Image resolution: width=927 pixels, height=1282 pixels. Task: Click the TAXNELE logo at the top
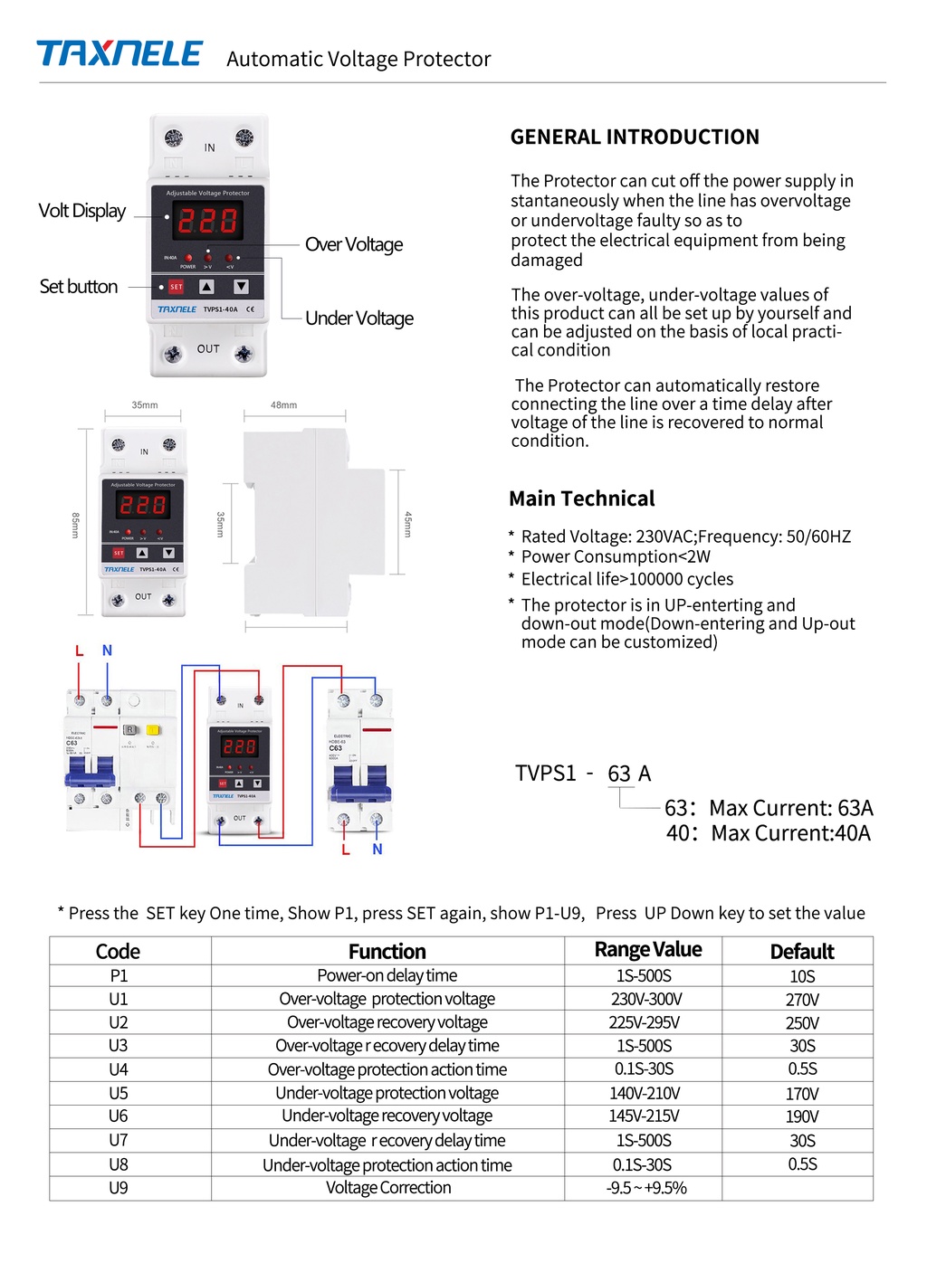(119, 54)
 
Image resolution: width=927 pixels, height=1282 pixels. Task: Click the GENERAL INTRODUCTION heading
(635, 138)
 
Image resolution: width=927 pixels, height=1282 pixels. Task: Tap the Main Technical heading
(581, 499)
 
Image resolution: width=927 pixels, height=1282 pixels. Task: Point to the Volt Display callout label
(81, 211)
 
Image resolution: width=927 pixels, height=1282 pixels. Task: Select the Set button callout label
(79, 287)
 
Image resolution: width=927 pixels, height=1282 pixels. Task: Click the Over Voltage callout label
(354, 244)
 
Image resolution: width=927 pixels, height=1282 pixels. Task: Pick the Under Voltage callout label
(359, 318)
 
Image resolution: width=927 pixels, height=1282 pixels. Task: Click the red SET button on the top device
(177, 287)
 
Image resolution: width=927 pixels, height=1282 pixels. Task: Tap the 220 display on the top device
(207, 221)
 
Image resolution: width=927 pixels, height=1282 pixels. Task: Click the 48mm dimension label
(283, 405)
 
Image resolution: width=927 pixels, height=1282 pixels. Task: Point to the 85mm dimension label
(76, 525)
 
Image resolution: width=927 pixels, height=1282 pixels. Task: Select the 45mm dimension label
(408, 524)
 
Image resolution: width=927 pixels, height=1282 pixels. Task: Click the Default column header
(801, 952)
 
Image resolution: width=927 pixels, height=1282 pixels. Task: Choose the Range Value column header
(647, 950)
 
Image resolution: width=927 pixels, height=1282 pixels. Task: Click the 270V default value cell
(802, 1000)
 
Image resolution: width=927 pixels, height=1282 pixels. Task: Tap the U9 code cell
(119, 1188)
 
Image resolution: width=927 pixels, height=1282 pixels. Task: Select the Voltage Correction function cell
(388, 1188)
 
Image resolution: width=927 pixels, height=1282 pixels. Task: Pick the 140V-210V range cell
(645, 1093)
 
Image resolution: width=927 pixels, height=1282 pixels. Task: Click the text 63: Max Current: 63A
(769, 808)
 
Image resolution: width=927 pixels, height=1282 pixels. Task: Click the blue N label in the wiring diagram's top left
(107, 650)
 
